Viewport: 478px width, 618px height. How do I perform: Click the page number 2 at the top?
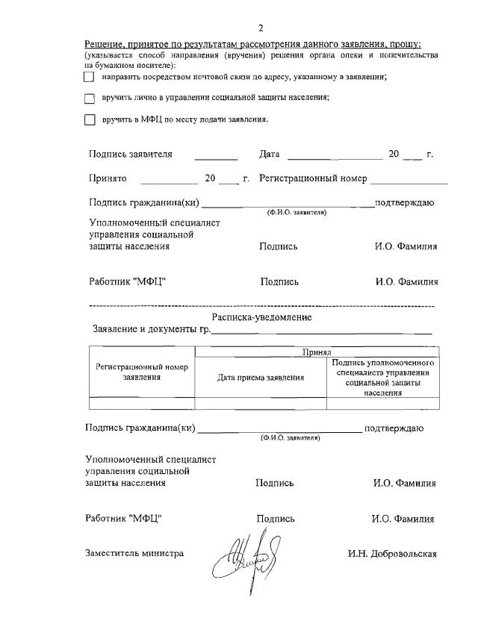coord(261,28)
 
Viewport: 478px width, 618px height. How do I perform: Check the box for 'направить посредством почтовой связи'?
coord(90,77)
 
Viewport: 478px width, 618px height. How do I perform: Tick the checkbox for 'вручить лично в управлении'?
coord(90,98)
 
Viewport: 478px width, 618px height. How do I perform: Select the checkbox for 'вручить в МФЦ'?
coord(90,119)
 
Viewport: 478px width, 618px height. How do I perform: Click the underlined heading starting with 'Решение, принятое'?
coord(252,45)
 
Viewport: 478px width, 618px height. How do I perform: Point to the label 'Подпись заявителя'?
coord(130,154)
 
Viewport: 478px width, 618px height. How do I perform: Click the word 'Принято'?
coord(108,179)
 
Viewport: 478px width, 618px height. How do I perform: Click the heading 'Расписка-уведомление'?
coord(261,318)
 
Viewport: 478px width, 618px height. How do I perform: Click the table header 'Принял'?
coord(317,352)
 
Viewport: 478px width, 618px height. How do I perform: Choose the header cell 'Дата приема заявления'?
coord(261,378)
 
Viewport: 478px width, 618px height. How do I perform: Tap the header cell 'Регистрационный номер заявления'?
coord(142,372)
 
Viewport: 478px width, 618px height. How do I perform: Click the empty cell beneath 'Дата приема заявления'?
coord(261,404)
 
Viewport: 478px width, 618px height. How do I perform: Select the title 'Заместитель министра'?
coord(134,554)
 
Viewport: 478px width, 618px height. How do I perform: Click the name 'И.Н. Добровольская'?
coord(392,555)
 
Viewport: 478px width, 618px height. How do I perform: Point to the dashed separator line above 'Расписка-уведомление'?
coord(261,306)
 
